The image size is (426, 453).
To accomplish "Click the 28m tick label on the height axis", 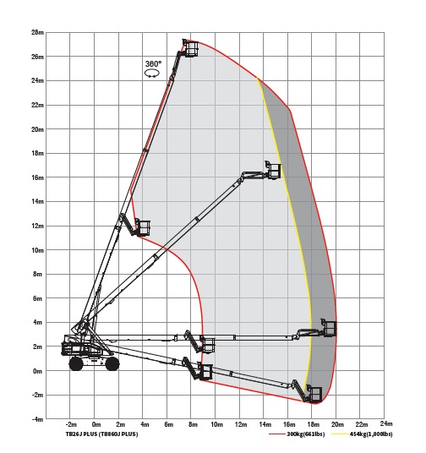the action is [37, 32].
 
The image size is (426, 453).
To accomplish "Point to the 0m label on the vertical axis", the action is [37, 371].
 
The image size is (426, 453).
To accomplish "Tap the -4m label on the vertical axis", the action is [37, 419].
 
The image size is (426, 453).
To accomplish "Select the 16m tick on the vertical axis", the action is [37, 177].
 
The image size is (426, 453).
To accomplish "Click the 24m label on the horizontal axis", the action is [386, 423].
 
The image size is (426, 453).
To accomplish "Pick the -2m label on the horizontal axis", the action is [71, 424].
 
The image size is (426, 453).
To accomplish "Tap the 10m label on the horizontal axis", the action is [216, 424].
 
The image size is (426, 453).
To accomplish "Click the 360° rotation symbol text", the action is [153, 64].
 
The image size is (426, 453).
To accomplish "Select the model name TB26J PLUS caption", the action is [101, 434].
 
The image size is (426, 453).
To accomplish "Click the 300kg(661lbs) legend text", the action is [306, 434].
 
